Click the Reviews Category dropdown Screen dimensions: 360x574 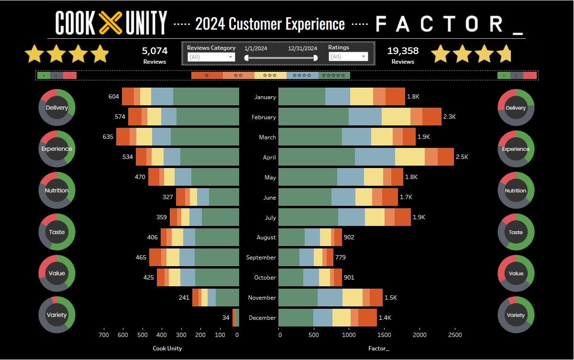[x=211, y=57]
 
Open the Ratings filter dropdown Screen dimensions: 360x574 [x=348, y=57]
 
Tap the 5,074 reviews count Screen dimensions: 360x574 [x=155, y=51]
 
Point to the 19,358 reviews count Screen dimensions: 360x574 [x=403, y=51]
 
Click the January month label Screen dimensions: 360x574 [x=265, y=97]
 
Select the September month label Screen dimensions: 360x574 [x=261, y=258]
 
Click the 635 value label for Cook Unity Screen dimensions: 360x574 [x=108, y=137]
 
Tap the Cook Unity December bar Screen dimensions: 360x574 [x=236, y=318]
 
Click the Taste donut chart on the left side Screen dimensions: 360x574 [x=56, y=232]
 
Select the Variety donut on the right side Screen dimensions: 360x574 [x=516, y=315]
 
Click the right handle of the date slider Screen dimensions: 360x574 [x=315, y=58]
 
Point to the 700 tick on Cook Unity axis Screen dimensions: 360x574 [x=103, y=335]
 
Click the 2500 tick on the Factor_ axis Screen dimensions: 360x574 [x=455, y=335]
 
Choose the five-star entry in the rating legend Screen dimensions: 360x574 [x=334, y=76]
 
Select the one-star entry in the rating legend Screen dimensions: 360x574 [x=207, y=76]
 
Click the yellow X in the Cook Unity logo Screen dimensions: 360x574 [x=111, y=22]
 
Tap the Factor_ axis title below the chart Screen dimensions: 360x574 [x=379, y=349]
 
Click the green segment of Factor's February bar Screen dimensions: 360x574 [x=313, y=117]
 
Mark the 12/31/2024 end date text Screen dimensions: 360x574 [x=302, y=48]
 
